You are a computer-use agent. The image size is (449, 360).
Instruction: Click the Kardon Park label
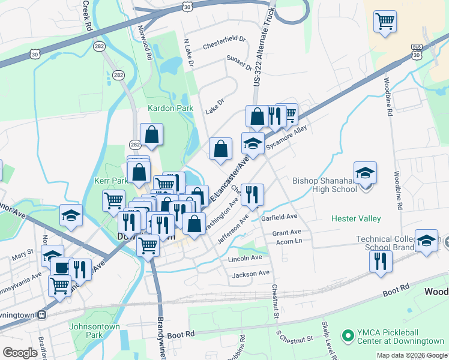coord(171,108)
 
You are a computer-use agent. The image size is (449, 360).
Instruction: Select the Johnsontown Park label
coord(94,331)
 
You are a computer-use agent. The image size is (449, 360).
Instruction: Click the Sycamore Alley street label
coord(287,137)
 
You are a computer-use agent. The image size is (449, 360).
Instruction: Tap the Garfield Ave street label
coord(279,217)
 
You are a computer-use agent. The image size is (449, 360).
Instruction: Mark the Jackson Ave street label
coord(251,274)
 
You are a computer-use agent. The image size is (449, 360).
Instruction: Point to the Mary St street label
coord(23,256)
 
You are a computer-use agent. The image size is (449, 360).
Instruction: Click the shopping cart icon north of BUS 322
coord(385,22)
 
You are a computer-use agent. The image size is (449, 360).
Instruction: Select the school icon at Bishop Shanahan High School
coord(364,173)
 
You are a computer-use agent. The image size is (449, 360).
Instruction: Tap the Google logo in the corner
coord(20,353)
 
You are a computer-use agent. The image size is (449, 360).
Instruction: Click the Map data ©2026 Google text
coord(412,355)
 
